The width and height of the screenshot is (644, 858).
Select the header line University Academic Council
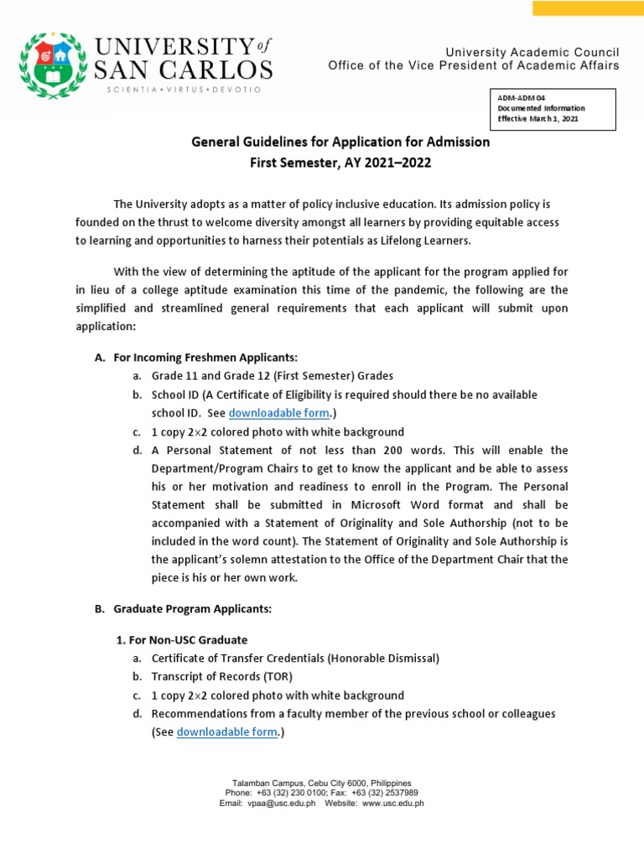coord(532,52)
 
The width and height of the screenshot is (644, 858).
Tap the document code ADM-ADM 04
coord(521,98)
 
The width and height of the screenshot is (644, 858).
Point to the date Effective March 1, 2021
coord(538,118)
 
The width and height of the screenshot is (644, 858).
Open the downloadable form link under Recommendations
coord(226,731)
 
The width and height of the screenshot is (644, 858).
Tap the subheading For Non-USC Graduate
coord(181,640)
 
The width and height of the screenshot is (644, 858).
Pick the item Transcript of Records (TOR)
coord(221,677)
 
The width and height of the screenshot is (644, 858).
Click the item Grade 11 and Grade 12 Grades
coord(272,376)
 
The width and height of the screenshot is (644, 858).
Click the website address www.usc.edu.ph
coord(393,803)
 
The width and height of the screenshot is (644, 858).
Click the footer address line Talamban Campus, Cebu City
coord(321,781)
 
